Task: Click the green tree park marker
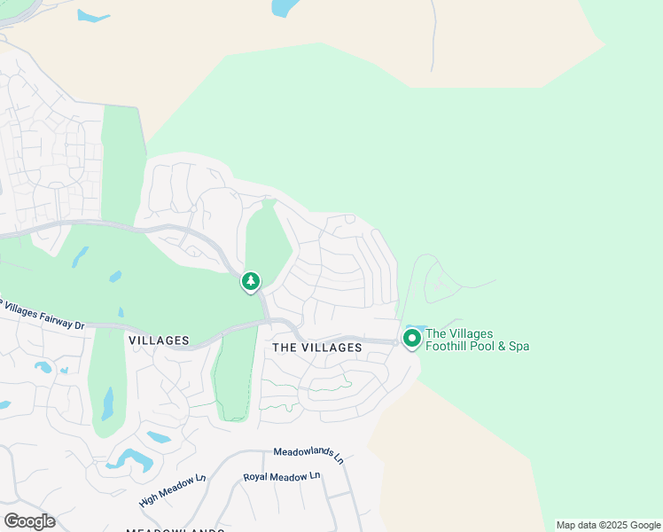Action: coord(251,282)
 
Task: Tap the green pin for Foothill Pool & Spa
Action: coord(411,338)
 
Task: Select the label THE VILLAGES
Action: coord(317,348)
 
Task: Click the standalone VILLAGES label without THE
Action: coord(159,340)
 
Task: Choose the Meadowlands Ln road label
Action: coord(308,455)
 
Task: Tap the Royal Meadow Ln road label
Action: coord(282,477)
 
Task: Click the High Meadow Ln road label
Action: coord(172,490)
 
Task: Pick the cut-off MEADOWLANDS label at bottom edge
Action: coord(175,530)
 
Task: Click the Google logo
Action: coord(29,521)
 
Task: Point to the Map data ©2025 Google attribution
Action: coord(608,525)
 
